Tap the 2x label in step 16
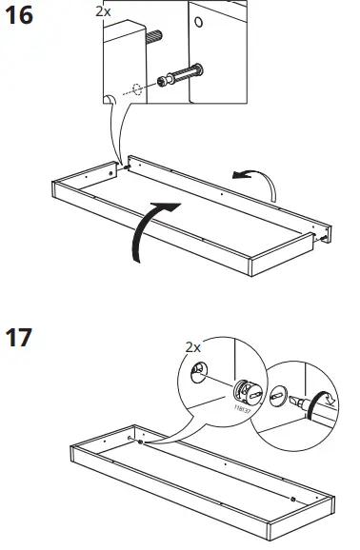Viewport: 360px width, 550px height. pos(104,11)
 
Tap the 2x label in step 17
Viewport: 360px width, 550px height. pos(193,348)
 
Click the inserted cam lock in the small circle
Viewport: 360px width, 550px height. pos(277,394)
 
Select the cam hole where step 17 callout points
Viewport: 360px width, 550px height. pos(140,442)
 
